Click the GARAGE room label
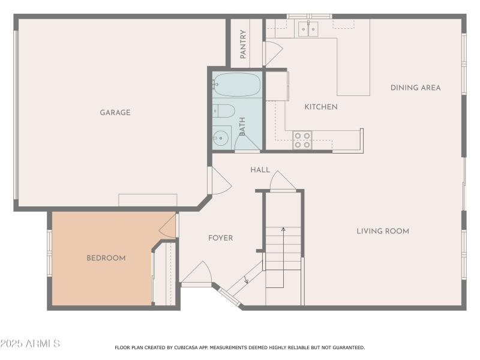[115, 112]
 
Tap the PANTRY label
[243, 44]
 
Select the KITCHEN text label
[321, 107]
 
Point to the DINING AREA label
[415, 88]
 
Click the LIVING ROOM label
[383, 231]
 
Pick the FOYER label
[220, 238]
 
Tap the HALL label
[260, 170]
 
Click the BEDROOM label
[106, 258]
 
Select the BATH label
[242, 126]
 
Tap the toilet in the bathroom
[223, 110]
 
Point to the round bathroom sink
[221, 137]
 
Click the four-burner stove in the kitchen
[302, 140]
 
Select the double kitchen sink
[308, 28]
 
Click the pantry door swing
[273, 53]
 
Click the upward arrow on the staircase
[283, 229]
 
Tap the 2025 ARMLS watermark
[30, 344]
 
